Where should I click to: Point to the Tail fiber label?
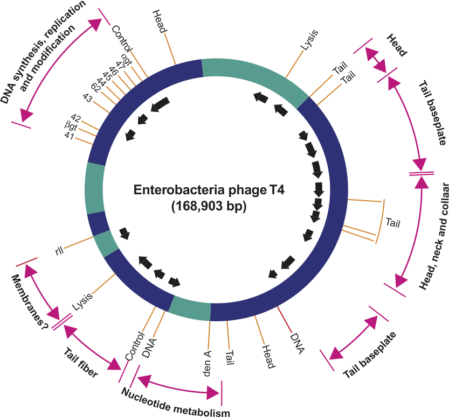click(80, 363)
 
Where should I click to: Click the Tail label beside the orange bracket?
click(394, 221)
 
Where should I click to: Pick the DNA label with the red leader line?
click(297, 343)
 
